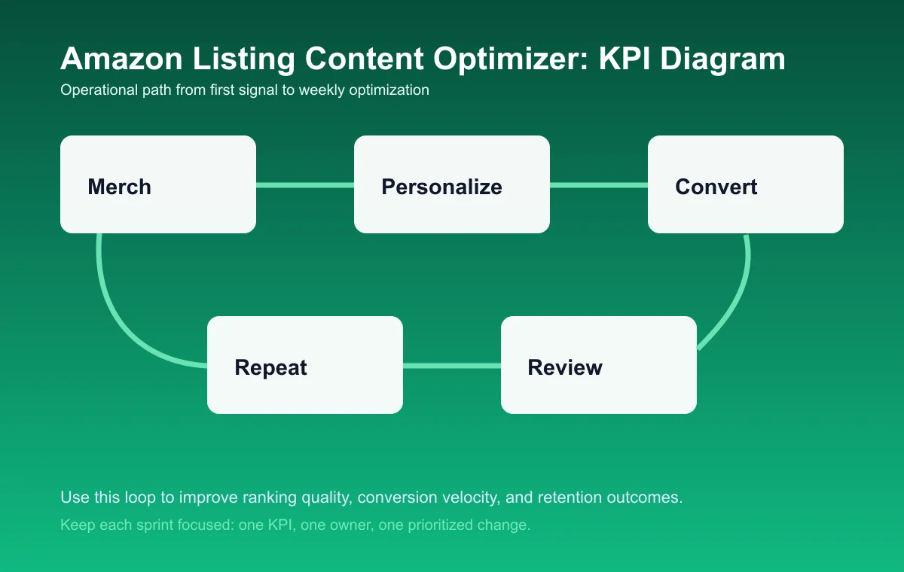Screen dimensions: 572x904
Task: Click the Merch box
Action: point(158,184)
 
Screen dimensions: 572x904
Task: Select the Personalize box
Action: point(452,184)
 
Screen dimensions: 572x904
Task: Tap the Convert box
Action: point(746,184)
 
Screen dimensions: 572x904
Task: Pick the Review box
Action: point(599,365)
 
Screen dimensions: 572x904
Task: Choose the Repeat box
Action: point(305,365)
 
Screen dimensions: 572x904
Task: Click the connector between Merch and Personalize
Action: point(305,184)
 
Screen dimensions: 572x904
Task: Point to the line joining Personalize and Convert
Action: point(599,184)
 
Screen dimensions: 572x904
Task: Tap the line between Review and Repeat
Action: point(452,366)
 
